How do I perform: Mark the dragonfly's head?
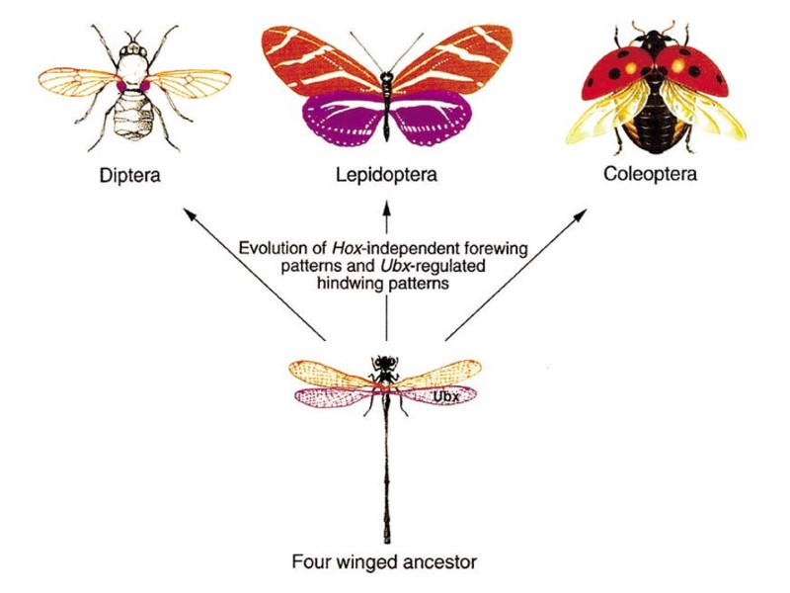point(384,363)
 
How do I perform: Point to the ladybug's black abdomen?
point(651,119)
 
